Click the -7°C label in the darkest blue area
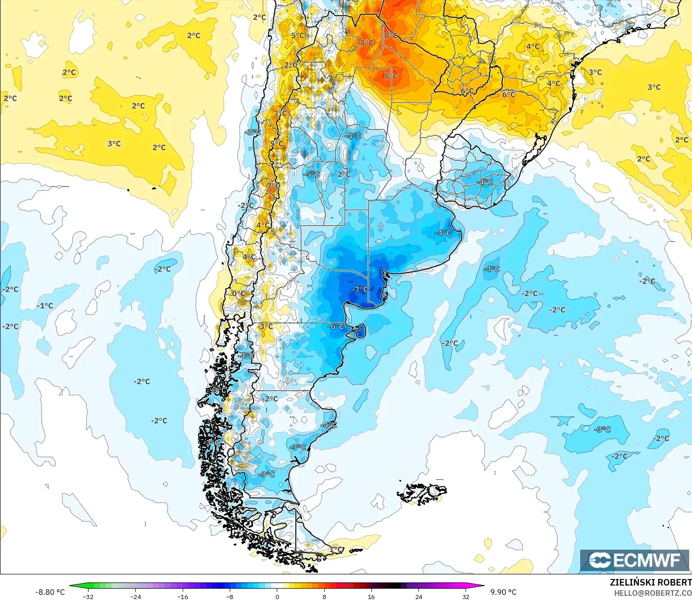[x=359, y=290]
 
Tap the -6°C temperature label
[x=336, y=327]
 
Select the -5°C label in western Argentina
[x=312, y=174]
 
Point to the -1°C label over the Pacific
[x=45, y=306]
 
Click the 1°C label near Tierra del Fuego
[x=336, y=549]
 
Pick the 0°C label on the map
[x=239, y=294]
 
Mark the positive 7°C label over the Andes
[x=274, y=186]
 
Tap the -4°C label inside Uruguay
[x=485, y=182]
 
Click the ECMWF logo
[x=634, y=560]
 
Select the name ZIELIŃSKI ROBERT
[x=651, y=582]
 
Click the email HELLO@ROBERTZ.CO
[x=652, y=593]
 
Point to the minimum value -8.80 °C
[x=50, y=592]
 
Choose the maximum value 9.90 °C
[x=503, y=592]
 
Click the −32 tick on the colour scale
[x=88, y=596]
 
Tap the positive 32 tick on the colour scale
[x=466, y=596]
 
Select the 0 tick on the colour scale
[x=277, y=596]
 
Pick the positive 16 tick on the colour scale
[x=371, y=596]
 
